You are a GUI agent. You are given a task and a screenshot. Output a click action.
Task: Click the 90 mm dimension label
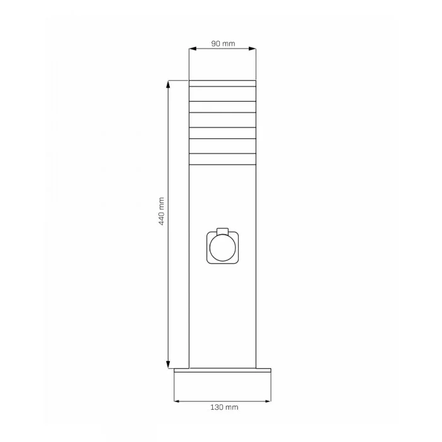tap(223, 44)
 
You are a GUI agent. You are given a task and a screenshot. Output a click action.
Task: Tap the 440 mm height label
tap(162, 211)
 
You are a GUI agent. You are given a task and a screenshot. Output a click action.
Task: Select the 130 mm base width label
tap(224, 407)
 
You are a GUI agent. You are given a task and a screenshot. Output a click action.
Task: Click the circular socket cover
tap(223, 248)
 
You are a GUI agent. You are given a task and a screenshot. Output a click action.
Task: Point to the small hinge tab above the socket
tap(223, 231)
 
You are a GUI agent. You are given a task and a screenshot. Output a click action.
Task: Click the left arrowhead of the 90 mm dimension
tap(193, 49)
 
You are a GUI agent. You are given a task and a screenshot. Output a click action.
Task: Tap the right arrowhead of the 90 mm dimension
tap(253, 49)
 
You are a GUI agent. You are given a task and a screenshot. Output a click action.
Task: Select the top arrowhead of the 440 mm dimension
tap(169, 84)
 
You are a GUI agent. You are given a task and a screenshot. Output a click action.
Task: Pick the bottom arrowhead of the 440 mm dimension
tap(169, 364)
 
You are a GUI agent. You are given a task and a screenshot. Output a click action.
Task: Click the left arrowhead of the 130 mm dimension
tap(177, 401)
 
